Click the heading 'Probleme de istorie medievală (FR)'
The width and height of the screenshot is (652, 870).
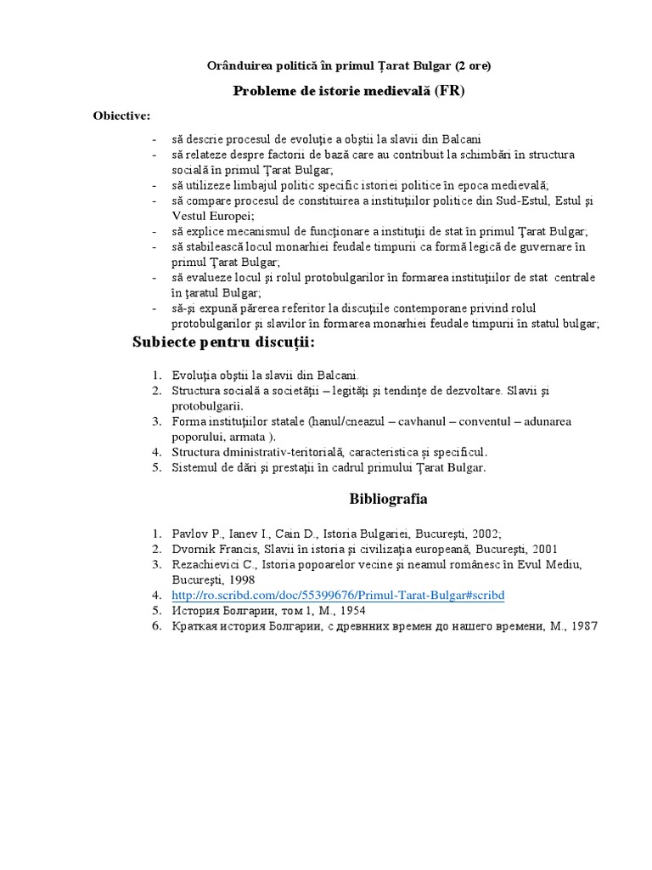349,91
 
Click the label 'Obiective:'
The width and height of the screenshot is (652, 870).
122,116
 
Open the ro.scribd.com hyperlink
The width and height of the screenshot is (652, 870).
338,596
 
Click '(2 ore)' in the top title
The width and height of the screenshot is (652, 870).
469,65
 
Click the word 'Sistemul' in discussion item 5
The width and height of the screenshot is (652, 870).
196,467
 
